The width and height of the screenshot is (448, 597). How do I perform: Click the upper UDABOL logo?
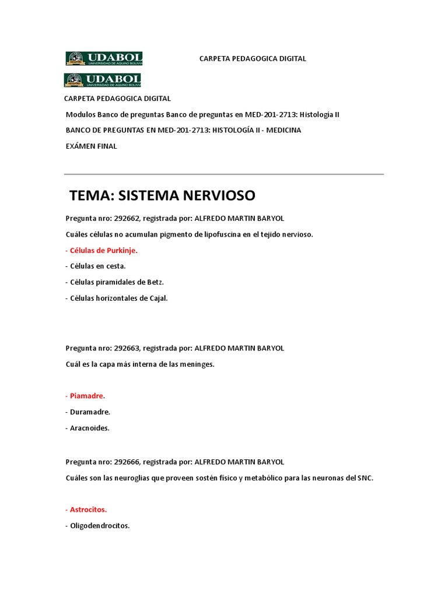[104, 58]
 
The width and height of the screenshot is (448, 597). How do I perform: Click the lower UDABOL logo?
[103, 80]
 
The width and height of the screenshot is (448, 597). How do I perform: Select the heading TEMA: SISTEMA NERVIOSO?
[162, 195]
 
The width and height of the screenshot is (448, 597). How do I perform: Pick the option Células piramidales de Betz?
[114, 282]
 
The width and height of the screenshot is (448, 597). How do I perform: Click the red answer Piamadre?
[86, 396]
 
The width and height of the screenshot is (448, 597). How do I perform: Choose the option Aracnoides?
[87, 427]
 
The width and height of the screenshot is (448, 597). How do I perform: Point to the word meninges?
[197, 364]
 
